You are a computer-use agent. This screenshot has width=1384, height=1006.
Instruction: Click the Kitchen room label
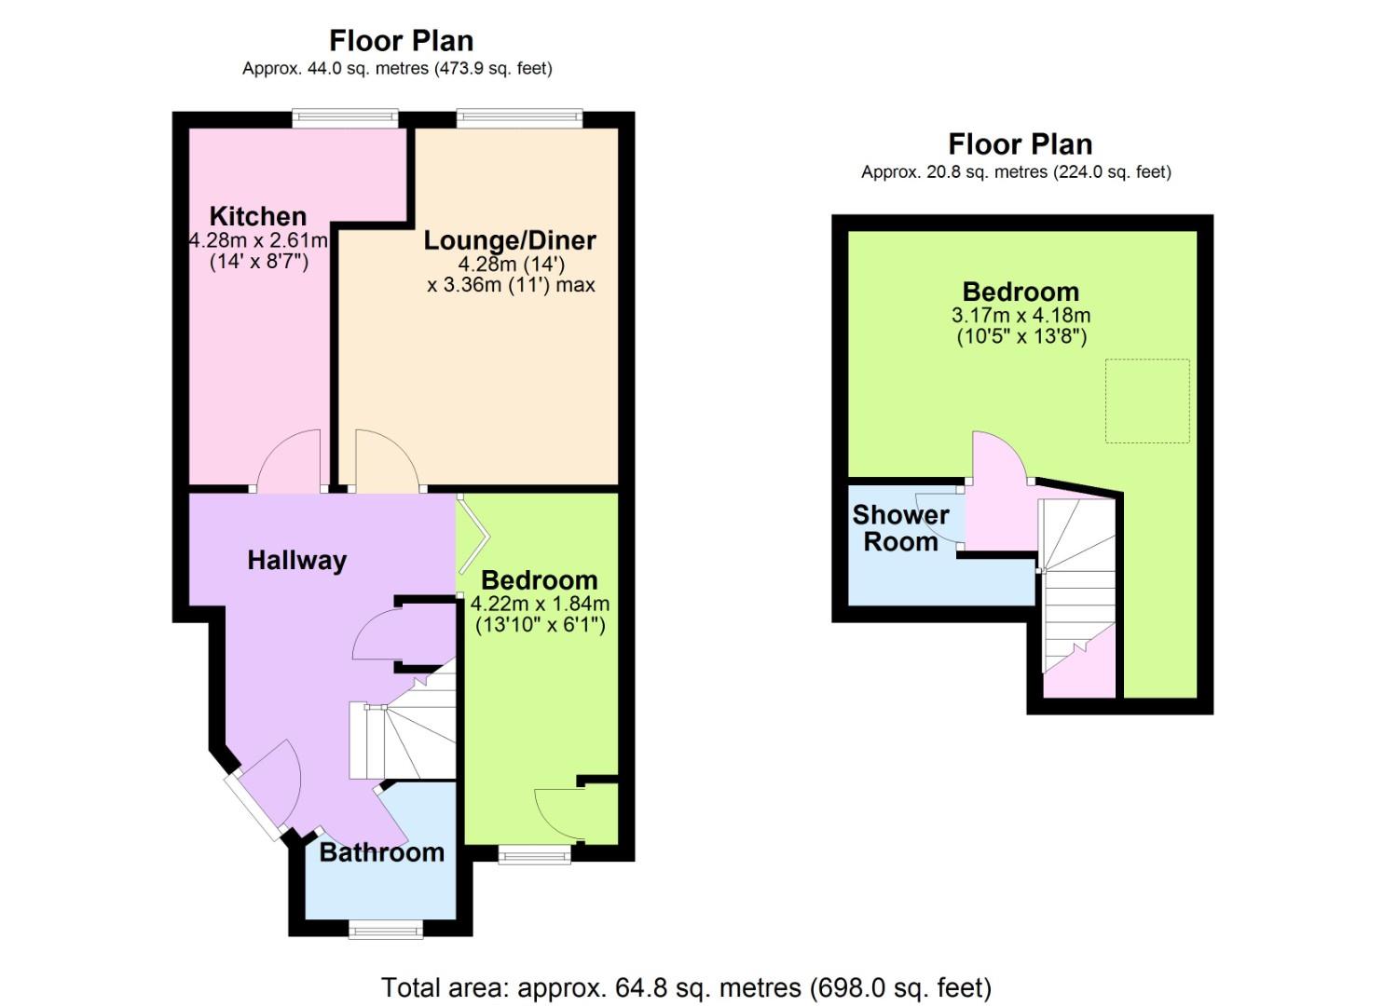pos(258,217)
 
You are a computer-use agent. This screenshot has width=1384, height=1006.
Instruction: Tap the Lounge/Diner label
pos(510,240)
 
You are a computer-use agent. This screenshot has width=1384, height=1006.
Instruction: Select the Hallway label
pos(296,561)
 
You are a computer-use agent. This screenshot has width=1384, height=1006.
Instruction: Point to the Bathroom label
pos(382,853)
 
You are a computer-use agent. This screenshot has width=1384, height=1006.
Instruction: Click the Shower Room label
pos(901,528)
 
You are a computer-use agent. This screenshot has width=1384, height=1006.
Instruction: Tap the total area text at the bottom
pos(687,987)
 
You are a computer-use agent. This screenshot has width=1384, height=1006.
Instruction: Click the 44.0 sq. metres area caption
pos(397,68)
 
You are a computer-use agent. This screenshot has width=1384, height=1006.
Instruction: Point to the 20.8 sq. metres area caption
pos(1017,171)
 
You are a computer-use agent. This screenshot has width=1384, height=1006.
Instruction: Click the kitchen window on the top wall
pos(346,118)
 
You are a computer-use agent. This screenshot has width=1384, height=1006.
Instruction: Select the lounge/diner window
pos(520,118)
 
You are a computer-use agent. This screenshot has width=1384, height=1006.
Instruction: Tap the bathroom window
pos(386,930)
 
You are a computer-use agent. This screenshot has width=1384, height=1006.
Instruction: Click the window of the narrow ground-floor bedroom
pos(535,854)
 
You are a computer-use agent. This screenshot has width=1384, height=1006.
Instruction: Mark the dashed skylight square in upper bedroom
pos(1147,401)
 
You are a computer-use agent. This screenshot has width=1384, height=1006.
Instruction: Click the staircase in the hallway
pos(403,729)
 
